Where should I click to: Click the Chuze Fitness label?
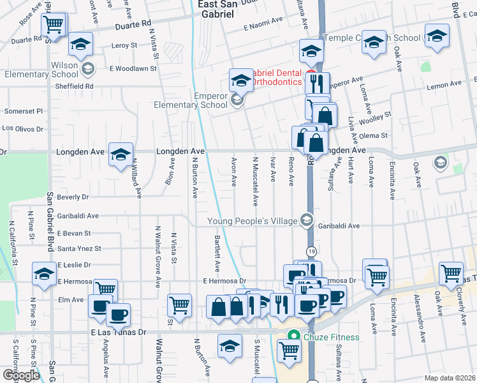pyautogui.click(x=332, y=337)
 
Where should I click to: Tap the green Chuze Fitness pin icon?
pyautogui.click(x=293, y=336)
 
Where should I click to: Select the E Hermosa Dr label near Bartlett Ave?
pyautogui.click(x=224, y=281)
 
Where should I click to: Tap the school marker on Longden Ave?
pyautogui.click(x=120, y=154)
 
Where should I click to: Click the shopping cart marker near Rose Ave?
pyautogui.click(x=54, y=26)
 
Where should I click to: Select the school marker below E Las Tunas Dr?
pyautogui.click(x=230, y=346)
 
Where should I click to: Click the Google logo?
pyautogui.click(x=20, y=375)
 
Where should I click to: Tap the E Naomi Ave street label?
pyautogui.click(x=263, y=20)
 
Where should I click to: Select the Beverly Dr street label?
pyautogui.click(x=73, y=197)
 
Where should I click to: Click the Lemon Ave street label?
pyautogui.click(x=444, y=84)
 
